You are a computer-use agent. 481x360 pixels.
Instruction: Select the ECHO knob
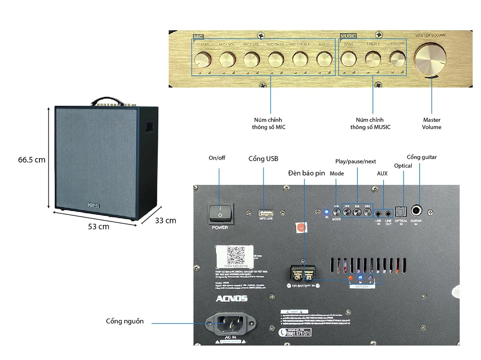click(324, 59)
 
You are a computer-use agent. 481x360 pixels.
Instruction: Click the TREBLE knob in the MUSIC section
click(373, 59)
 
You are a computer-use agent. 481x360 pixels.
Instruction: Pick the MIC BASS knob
click(276, 60)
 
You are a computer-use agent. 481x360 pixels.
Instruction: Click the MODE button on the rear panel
click(337, 211)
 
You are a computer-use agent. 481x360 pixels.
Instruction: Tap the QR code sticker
click(236, 253)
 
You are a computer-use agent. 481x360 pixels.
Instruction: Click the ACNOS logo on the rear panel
click(231, 298)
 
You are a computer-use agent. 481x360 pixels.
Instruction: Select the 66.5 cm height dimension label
click(32, 160)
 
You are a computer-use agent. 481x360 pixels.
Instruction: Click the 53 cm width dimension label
click(99, 226)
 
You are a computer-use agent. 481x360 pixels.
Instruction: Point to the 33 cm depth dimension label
click(165, 221)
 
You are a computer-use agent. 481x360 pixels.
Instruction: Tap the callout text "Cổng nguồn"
click(125, 321)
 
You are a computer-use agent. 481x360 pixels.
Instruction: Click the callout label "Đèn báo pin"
click(306, 173)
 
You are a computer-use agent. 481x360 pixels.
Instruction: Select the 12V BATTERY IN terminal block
click(303, 274)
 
